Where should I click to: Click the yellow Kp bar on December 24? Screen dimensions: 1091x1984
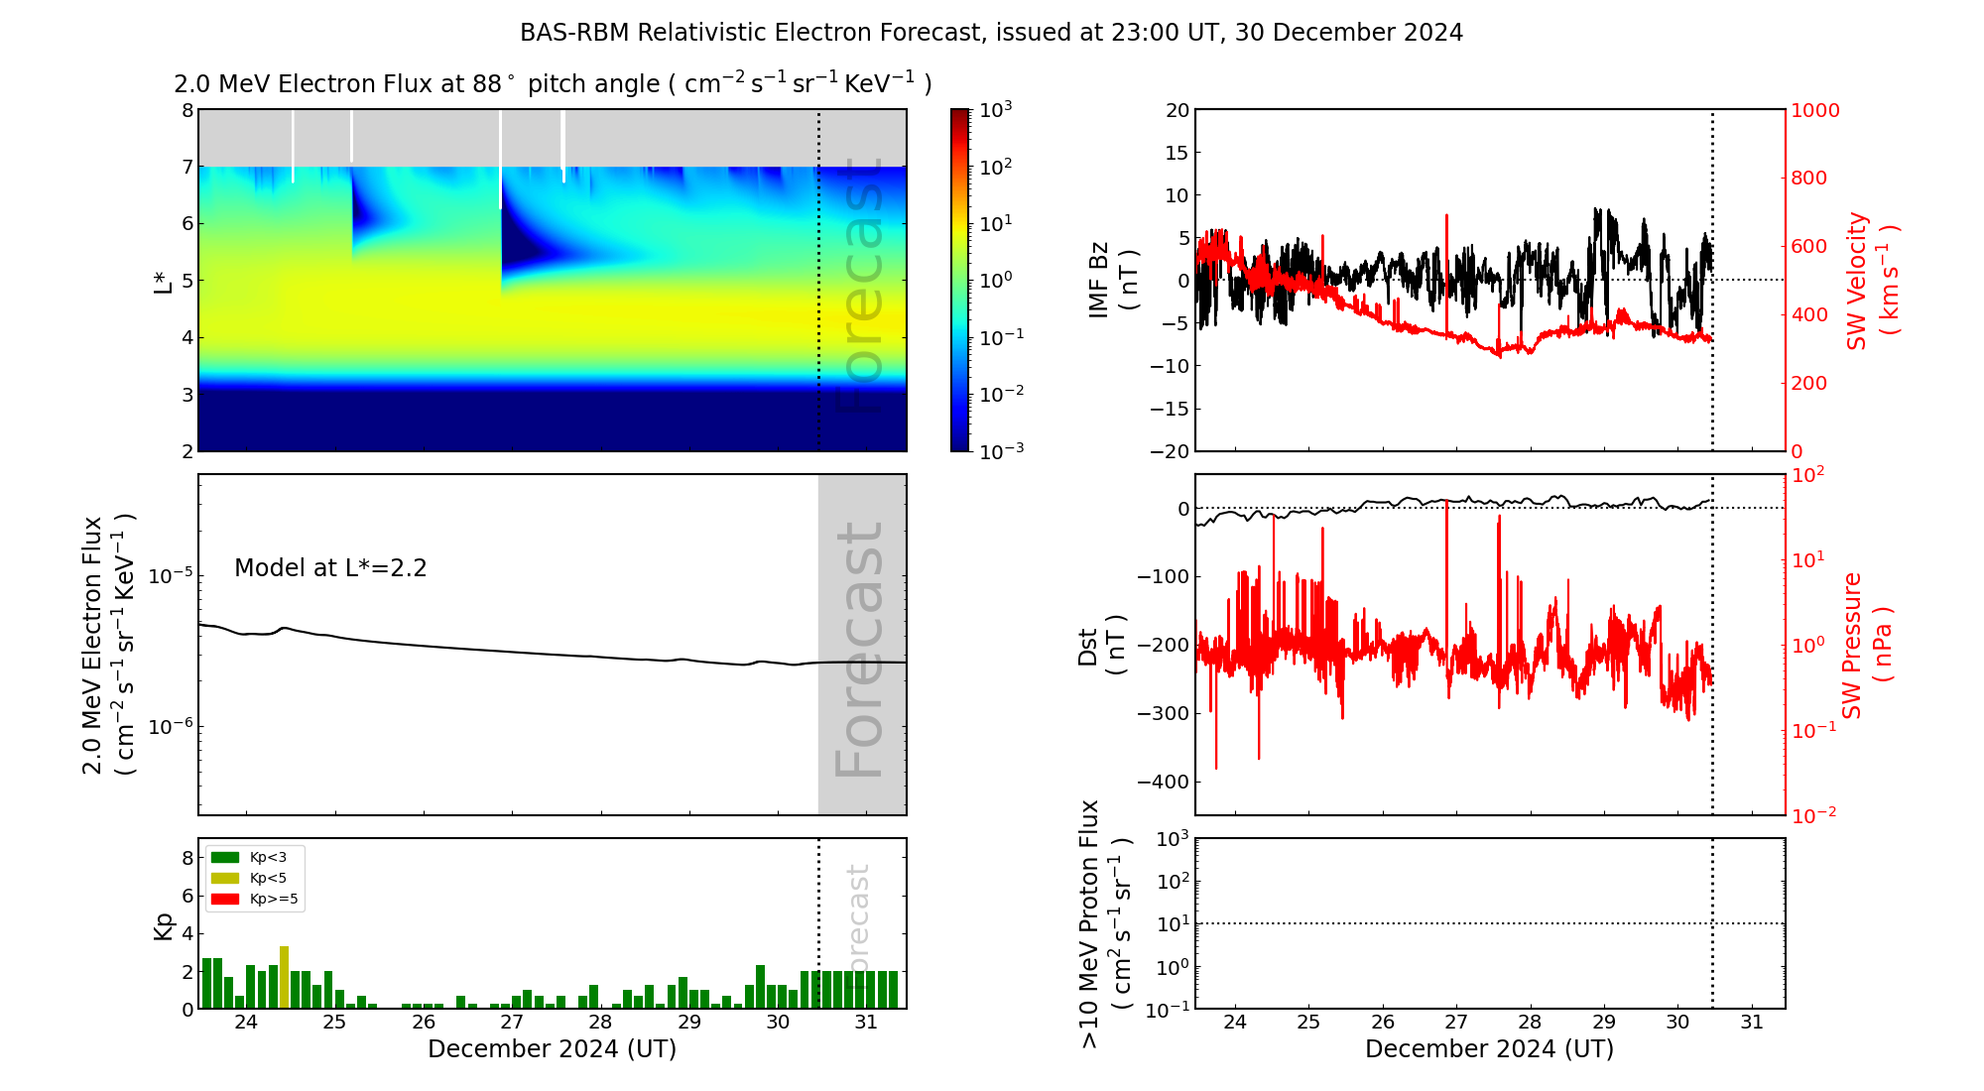pos(285,978)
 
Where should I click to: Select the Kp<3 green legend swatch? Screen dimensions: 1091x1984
pos(225,857)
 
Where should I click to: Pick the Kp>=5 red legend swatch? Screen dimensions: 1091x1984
pos(225,900)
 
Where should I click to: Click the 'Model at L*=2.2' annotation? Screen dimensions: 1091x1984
pos(330,568)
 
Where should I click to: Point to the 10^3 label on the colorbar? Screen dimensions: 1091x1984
pos(995,109)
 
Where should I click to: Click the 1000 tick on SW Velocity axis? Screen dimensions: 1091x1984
pos(1815,110)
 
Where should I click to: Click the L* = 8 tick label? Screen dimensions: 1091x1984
pos(186,110)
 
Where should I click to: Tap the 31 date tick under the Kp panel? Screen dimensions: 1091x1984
pos(866,1023)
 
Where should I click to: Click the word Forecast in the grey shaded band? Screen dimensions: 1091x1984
pos(860,650)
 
